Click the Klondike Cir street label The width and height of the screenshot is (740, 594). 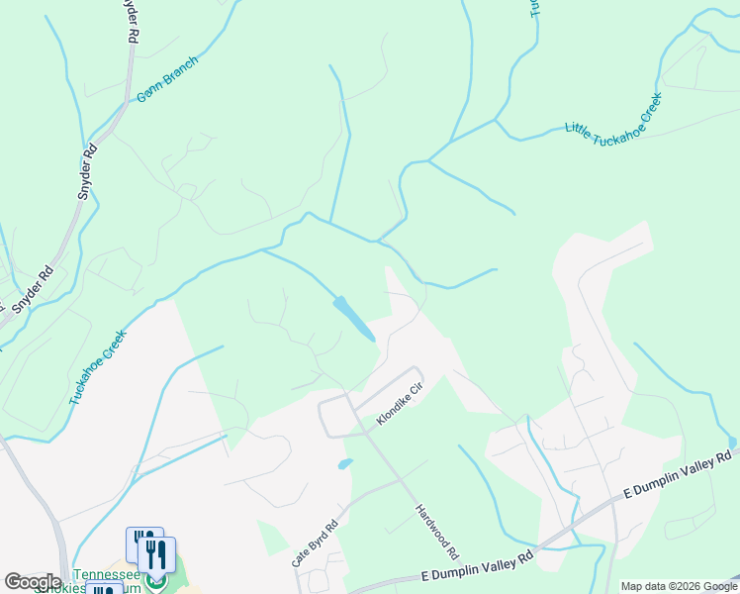[399, 406]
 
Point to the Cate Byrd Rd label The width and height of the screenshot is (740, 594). [316, 544]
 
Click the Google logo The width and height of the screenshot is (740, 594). [33, 582]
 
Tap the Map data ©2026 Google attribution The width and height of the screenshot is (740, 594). [679, 586]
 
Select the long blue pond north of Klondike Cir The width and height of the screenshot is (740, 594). [354, 318]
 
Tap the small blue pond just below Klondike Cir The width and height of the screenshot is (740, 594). [344, 463]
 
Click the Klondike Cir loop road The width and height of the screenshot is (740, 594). [323, 416]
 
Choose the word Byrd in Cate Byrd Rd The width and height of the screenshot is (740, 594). [317, 543]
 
